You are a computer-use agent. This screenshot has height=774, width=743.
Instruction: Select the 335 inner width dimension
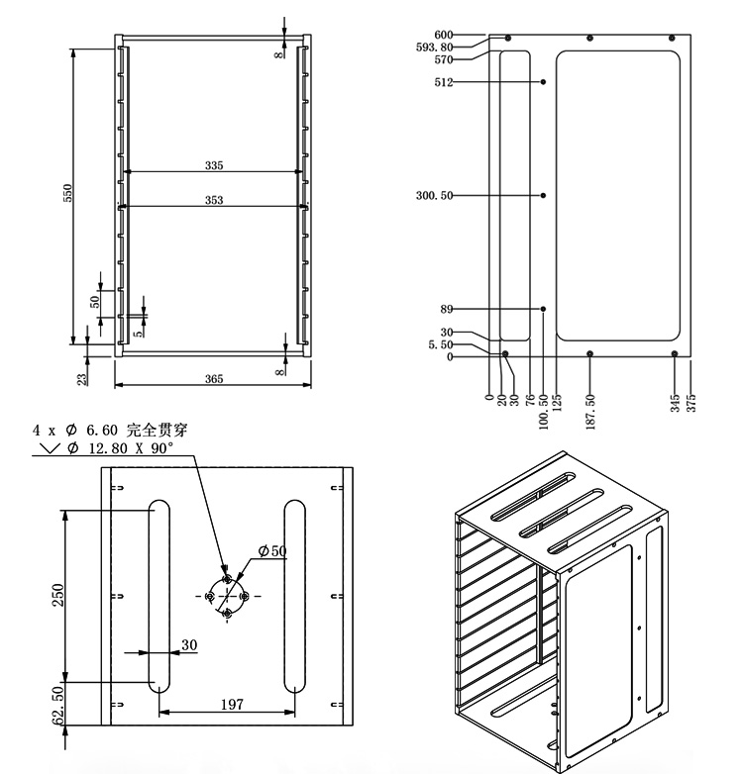coord(214,165)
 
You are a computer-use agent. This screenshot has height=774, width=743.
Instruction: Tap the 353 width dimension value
coord(214,200)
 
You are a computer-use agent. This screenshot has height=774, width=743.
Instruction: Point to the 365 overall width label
coord(214,379)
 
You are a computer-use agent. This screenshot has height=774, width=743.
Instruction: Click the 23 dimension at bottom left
coord(82,376)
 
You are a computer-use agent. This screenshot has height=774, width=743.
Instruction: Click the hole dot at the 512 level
coord(544,82)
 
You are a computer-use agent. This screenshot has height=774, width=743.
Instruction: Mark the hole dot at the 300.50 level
coord(544,195)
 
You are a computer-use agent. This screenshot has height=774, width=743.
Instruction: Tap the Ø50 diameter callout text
coord(271,549)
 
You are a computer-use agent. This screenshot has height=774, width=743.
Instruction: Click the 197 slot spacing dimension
coord(230,704)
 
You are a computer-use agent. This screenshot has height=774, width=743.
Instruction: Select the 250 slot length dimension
coord(57,594)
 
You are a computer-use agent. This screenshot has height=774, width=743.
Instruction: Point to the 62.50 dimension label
coord(57,705)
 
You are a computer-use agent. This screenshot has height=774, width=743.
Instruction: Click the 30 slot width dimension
coord(189,644)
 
